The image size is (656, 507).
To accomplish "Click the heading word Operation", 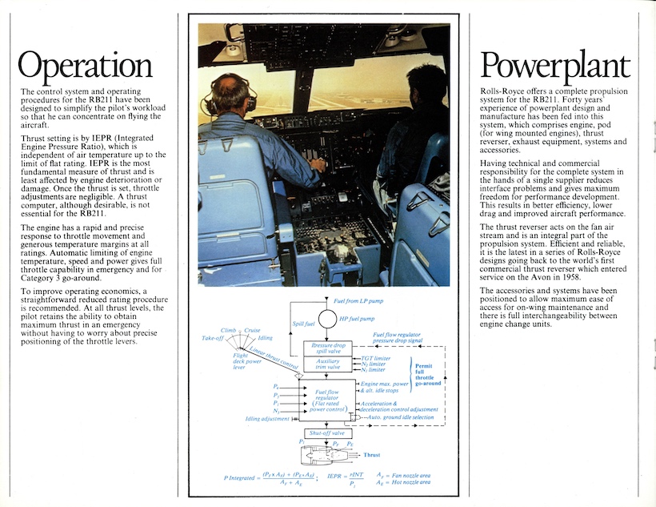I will point(86,65).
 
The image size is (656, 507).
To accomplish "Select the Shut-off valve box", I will point(327,433).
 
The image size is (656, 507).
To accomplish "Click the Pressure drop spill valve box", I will point(327,348).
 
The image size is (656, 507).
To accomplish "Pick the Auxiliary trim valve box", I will point(327,364).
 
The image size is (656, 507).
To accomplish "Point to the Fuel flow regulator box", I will point(327,398).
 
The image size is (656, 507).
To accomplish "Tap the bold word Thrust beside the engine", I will point(372,455).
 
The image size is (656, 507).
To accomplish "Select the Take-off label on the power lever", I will point(212,339).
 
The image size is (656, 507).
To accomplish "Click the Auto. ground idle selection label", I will point(398,418).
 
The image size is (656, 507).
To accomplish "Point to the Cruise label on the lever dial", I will point(254,331).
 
